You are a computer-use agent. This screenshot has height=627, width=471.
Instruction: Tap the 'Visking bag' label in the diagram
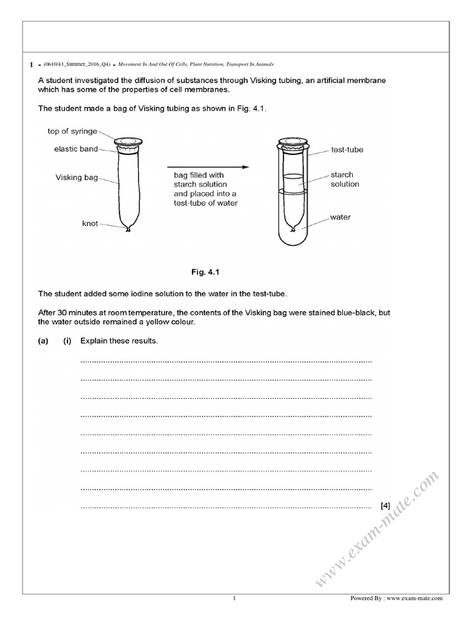(x=77, y=178)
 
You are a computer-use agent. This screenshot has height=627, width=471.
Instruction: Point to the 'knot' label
(x=90, y=223)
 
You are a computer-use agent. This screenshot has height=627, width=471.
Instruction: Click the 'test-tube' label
(x=347, y=149)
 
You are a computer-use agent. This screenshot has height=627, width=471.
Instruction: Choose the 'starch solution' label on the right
(x=345, y=179)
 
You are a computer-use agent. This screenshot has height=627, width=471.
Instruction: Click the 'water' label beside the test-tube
(x=340, y=217)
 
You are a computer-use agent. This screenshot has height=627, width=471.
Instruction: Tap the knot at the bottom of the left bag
(x=128, y=230)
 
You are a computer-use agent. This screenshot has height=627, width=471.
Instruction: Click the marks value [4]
(x=385, y=506)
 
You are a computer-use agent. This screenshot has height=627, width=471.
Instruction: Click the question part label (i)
(x=67, y=341)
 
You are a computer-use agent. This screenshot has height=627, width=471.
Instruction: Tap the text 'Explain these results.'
(x=119, y=341)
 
